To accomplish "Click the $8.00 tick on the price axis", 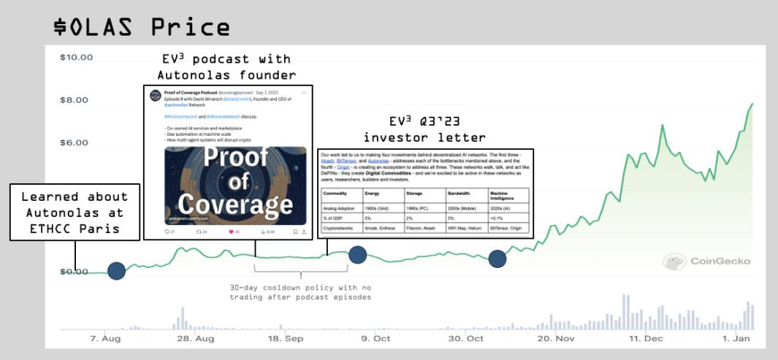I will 75,100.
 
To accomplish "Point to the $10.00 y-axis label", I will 75,58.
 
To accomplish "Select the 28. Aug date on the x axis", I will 195,339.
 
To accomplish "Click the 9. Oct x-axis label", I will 375,339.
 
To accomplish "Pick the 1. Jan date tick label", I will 737,339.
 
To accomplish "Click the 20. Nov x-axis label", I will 556,339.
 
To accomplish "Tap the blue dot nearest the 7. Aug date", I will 116,271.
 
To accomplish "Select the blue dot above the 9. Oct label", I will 357,255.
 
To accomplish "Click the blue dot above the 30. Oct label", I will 497,258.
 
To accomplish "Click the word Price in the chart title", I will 190,27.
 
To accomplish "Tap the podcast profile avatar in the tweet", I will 155,96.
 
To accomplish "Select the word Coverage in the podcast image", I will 235,204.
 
